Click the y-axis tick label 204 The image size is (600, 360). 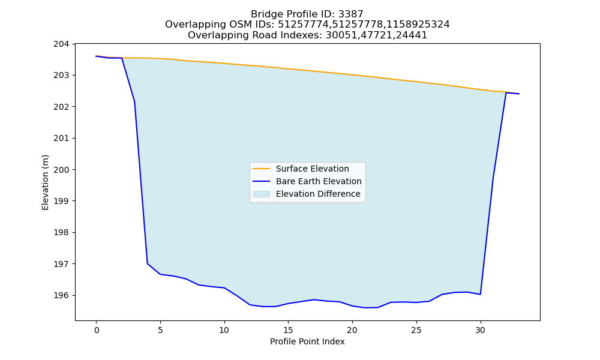[x=61, y=44]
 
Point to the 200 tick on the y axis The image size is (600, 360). [x=61, y=170]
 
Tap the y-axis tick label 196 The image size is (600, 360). [x=61, y=295]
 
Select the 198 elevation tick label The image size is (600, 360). [x=61, y=233]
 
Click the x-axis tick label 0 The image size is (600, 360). [x=97, y=330]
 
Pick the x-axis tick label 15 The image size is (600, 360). [x=288, y=330]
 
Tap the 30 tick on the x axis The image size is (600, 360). [x=480, y=330]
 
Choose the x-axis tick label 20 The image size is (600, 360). [x=352, y=330]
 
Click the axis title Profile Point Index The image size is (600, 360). [x=307, y=341]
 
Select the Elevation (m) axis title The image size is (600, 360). [x=45, y=182]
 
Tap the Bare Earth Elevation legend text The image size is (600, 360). [x=319, y=181]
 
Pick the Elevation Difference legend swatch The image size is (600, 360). [x=262, y=194]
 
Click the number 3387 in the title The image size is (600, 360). [x=351, y=14]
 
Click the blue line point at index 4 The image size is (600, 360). [x=148, y=263]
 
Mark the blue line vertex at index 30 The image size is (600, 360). [x=480, y=294]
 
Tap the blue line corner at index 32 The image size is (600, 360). [x=506, y=92]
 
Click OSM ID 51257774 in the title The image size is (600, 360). [x=304, y=25]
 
